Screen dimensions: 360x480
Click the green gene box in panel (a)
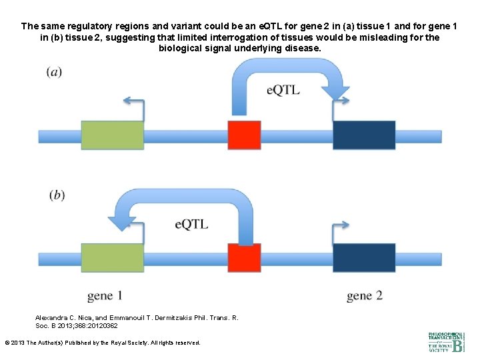click(x=113, y=135)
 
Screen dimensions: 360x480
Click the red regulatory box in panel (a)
click(x=244, y=135)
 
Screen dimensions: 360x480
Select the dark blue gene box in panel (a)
click(x=364, y=135)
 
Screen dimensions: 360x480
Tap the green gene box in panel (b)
click(x=113, y=258)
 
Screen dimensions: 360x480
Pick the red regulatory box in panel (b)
click(x=244, y=258)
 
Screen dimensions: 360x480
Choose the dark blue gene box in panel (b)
click(x=364, y=258)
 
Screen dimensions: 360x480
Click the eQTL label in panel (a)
click(x=283, y=90)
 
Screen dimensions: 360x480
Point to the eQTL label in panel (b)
click(x=191, y=224)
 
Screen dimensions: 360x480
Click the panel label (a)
click(x=55, y=72)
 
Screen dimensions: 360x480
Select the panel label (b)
click(x=57, y=195)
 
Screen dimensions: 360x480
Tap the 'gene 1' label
click(x=105, y=295)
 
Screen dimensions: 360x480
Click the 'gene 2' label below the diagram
click(x=365, y=295)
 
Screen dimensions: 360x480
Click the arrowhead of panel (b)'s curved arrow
click(x=125, y=217)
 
